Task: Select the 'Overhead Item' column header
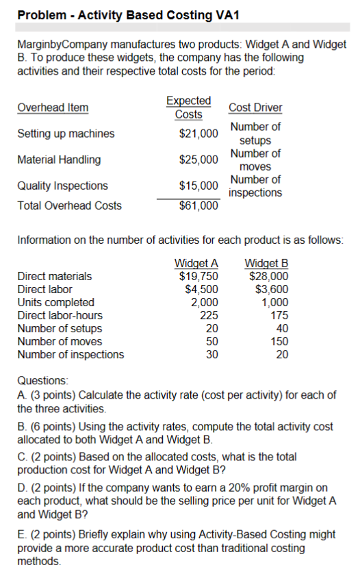click(53, 108)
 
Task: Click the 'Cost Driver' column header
click(255, 108)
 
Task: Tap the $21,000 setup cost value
click(198, 133)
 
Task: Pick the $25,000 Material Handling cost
click(198, 160)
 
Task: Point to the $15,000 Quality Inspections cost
click(198, 186)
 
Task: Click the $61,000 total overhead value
click(198, 205)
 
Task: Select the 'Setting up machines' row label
click(66, 134)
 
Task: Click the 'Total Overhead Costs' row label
click(69, 205)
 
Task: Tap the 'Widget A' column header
click(196, 264)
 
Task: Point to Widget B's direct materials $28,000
click(268, 276)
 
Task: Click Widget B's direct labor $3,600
click(272, 289)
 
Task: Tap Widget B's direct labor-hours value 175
click(279, 315)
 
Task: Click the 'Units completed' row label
click(56, 302)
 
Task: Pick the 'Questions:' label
click(40, 380)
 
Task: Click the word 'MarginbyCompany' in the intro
click(60, 45)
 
